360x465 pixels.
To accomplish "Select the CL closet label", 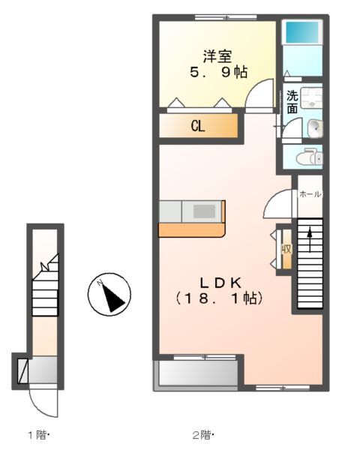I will [x=197, y=126].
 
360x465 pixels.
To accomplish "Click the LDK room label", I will [x=219, y=283].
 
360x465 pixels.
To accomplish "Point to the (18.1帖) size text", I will [x=219, y=298].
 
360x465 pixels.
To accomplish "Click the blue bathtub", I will [x=302, y=32].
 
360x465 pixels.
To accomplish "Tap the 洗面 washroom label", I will [x=292, y=102].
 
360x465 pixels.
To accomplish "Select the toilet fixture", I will [x=308, y=157].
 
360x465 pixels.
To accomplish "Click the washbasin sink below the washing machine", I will [x=314, y=127].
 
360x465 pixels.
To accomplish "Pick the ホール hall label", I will [x=310, y=194].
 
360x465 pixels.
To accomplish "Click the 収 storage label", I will [x=286, y=249].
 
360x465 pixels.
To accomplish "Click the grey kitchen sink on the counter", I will [x=204, y=211].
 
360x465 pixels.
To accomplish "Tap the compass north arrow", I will [x=109, y=294].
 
